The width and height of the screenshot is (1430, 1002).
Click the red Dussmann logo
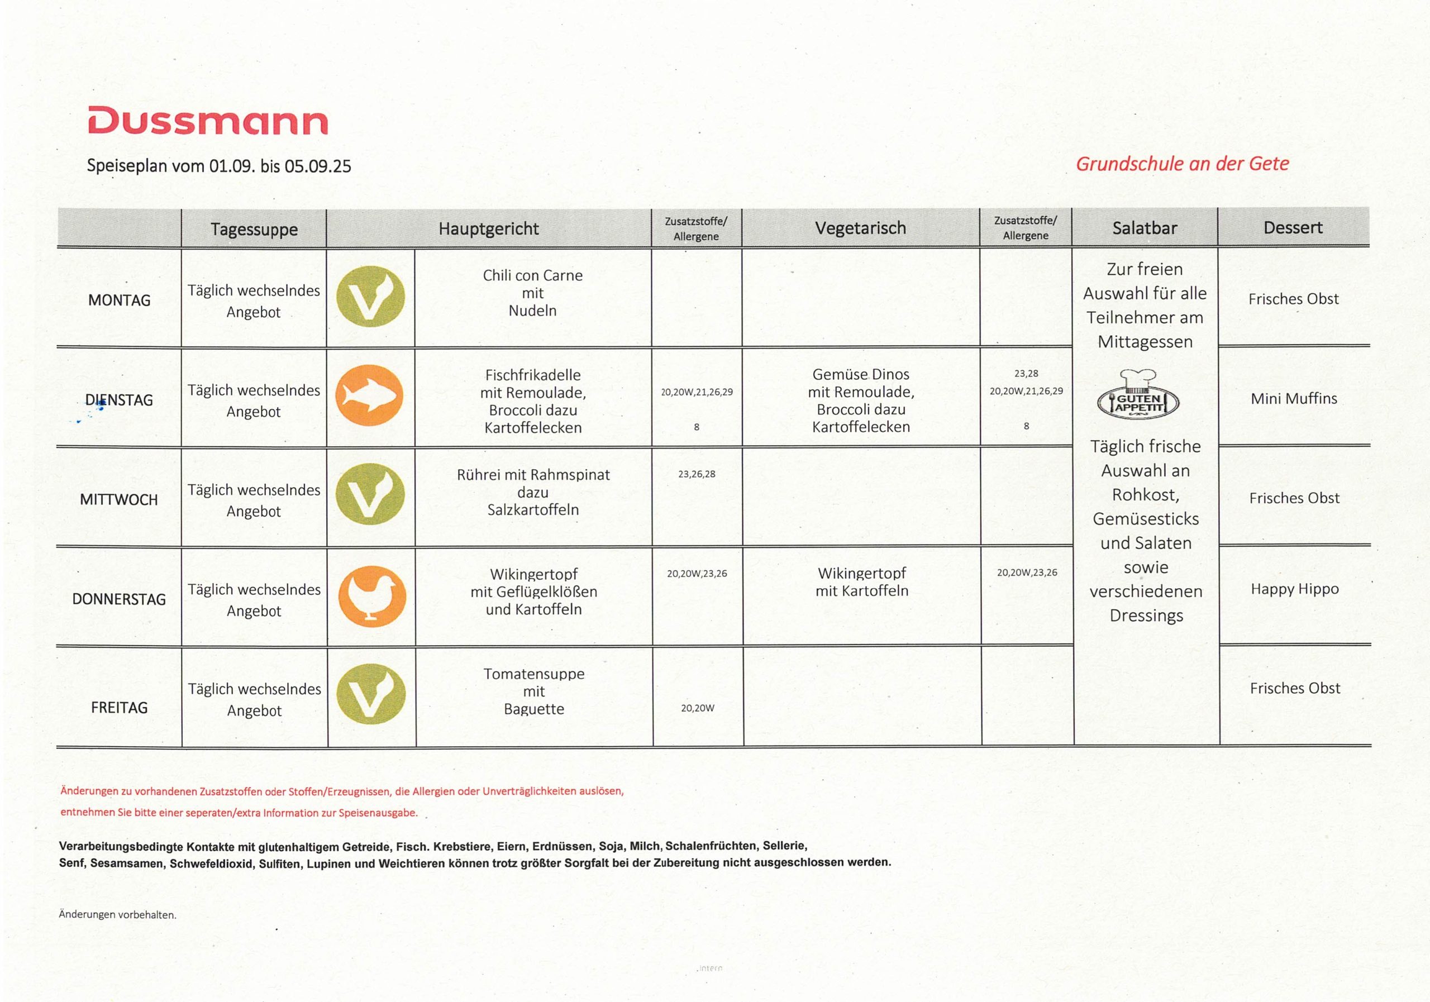[x=207, y=121]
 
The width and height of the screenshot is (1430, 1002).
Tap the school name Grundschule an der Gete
[x=1182, y=164]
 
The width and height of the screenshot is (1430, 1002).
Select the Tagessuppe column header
[x=254, y=229]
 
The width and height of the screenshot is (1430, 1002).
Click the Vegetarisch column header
[x=860, y=228]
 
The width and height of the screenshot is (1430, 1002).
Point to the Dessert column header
[x=1293, y=227]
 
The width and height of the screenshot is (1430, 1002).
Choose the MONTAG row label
[x=119, y=300]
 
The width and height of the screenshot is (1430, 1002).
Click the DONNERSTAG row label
[x=119, y=599]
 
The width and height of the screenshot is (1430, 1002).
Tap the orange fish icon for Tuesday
[x=370, y=396]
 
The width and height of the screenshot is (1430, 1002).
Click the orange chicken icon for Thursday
[x=372, y=596]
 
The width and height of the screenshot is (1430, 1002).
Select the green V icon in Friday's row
[x=371, y=694]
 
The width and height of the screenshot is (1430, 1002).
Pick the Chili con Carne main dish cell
[x=532, y=293]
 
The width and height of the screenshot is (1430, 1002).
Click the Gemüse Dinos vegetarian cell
[x=861, y=400]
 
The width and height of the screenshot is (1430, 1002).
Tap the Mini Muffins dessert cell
[x=1294, y=399]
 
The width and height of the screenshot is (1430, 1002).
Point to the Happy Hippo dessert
[x=1294, y=589]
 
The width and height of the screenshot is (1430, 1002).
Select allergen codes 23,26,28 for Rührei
[x=697, y=474]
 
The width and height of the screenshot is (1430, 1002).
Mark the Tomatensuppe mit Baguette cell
[x=534, y=691]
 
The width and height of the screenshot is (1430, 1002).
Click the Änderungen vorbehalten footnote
[x=118, y=915]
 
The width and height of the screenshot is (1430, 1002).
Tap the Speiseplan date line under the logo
[x=218, y=166]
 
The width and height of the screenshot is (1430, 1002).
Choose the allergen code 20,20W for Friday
[x=698, y=708]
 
